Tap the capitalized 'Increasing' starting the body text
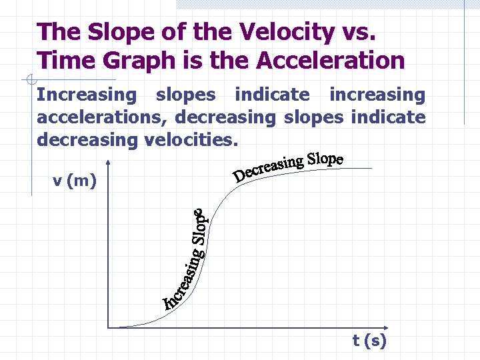click(86, 95)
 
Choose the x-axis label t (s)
click(369, 341)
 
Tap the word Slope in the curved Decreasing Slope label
click(325, 160)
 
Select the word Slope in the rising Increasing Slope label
click(201, 227)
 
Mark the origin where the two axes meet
click(108, 327)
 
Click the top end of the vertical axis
click(108, 161)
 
